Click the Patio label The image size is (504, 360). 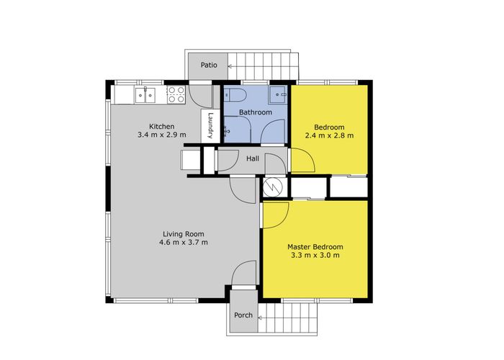click(x=209, y=65)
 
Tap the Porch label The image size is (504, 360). click(x=243, y=315)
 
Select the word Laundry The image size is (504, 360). click(x=210, y=125)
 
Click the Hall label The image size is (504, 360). click(x=253, y=158)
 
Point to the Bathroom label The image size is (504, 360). click(x=256, y=112)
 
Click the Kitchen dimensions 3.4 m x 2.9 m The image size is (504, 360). click(x=162, y=135)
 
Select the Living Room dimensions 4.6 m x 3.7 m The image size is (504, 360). click(x=184, y=243)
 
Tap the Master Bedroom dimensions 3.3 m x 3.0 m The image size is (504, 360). click(x=315, y=256)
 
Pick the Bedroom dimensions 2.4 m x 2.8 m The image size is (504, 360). click(x=329, y=135)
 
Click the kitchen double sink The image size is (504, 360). click(x=145, y=95)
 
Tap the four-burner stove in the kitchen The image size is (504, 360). click(x=176, y=94)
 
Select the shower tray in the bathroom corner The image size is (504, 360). click(x=278, y=94)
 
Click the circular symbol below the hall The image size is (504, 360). click(x=272, y=186)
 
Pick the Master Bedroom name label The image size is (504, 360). click(x=315, y=247)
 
